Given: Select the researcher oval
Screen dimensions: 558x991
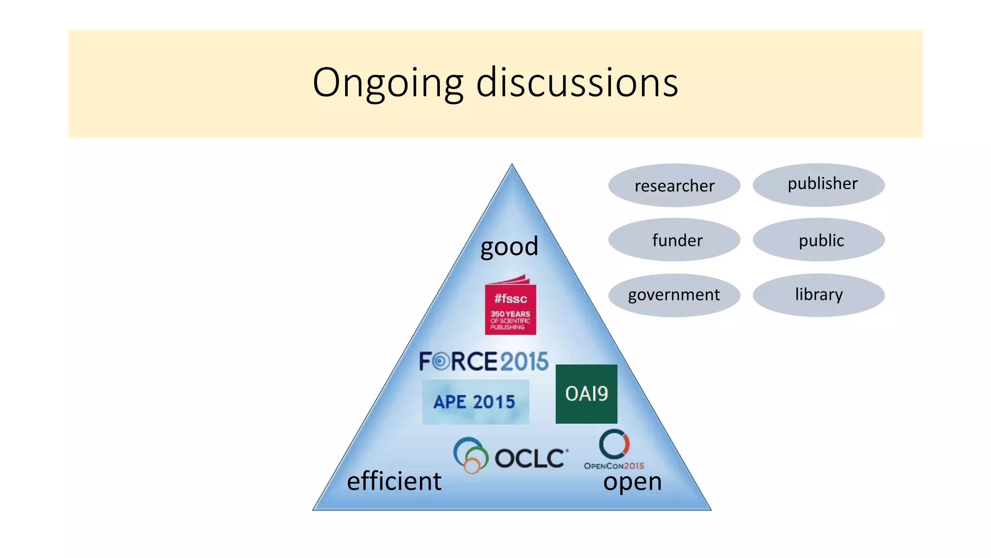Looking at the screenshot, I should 674,186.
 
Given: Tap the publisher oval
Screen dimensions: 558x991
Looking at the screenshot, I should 819,185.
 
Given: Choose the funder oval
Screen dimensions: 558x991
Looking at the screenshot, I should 674,240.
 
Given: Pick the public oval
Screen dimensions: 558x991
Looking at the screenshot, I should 819,240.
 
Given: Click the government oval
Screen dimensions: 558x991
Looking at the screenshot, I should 674,295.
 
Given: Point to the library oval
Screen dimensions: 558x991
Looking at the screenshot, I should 819,295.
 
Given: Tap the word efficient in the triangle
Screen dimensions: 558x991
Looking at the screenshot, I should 394,481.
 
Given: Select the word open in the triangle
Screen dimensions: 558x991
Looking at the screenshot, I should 632,482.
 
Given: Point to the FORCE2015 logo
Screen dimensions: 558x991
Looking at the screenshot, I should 483,361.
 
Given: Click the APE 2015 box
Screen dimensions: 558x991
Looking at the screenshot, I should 475,402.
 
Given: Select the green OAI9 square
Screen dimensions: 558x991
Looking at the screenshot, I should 586,394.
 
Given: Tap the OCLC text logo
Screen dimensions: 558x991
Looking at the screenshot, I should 530,458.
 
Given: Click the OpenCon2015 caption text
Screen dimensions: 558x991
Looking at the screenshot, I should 614,466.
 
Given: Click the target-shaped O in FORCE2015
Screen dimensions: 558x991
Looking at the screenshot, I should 440,361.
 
